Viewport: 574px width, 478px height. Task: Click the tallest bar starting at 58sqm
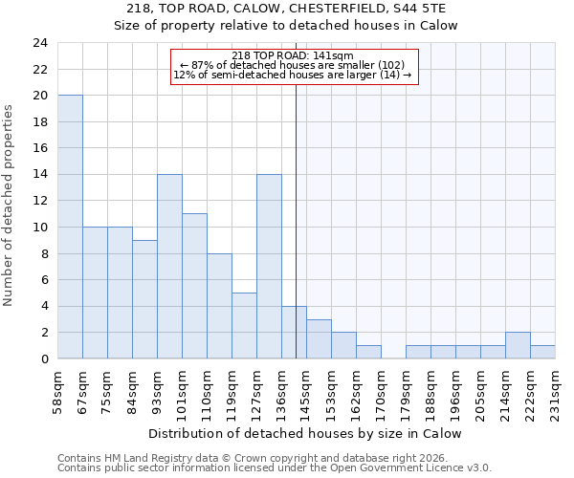click(70, 227)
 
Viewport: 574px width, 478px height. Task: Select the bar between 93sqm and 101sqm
click(169, 267)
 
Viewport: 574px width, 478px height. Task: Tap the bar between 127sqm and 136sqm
click(269, 267)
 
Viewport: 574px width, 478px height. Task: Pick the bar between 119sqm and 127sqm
click(244, 325)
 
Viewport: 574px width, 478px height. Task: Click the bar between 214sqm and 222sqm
click(518, 345)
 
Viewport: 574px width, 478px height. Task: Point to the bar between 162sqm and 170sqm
click(368, 352)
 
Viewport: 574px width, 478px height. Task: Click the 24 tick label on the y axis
click(39, 43)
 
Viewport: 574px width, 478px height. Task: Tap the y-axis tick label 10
click(39, 228)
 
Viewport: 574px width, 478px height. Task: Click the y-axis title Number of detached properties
click(10, 206)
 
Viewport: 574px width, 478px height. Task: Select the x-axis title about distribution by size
click(306, 433)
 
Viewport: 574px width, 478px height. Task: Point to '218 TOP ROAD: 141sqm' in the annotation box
click(294, 55)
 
